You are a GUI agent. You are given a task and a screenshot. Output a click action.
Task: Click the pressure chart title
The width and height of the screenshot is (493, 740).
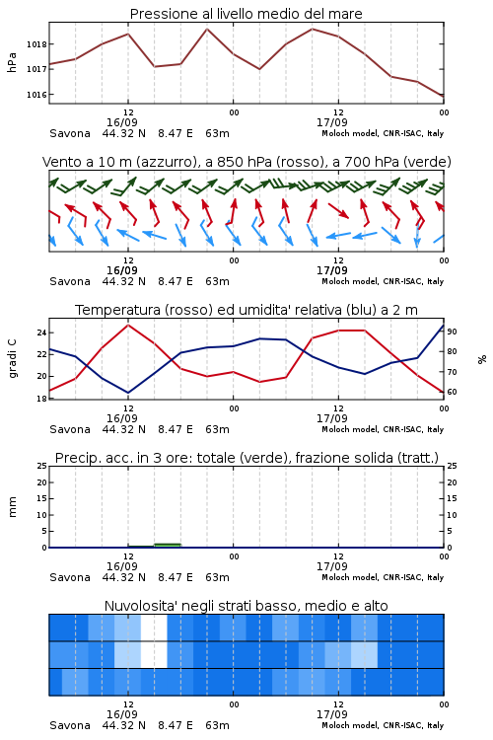(246, 14)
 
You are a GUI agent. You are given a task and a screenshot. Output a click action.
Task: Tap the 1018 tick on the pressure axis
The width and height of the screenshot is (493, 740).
(36, 44)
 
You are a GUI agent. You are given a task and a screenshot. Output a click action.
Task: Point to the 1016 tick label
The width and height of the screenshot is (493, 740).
(36, 95)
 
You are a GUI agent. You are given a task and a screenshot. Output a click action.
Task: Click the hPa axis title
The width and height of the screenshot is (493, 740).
(12, 62)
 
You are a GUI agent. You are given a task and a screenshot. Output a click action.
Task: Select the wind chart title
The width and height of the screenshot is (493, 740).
(246, 162)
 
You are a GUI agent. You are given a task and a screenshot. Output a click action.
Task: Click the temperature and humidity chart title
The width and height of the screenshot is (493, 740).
(246, 310)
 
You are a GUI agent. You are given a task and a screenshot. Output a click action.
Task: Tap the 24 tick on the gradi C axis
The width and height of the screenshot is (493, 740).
(42, 333)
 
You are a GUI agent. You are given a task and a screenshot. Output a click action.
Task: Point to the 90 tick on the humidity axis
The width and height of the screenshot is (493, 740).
(452, 332)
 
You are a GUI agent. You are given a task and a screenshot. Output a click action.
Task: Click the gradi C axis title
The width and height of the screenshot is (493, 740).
(13, 358)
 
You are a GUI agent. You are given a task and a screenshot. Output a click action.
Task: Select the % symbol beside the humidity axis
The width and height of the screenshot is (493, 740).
(482, 359)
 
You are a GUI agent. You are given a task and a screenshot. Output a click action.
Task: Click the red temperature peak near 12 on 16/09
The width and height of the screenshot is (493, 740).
(128, 325)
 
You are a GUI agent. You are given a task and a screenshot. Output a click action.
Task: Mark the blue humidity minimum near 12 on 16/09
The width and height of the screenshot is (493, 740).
(128, 392)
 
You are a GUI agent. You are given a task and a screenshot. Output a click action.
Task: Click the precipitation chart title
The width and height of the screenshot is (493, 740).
(246, 458)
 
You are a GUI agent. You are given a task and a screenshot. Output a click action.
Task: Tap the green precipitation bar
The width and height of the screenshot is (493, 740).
(168, 545)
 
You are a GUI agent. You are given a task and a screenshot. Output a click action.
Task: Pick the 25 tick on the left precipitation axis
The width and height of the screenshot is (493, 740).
(42, 466)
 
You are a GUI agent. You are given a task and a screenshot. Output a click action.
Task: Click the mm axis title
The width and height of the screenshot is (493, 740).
(13, 506)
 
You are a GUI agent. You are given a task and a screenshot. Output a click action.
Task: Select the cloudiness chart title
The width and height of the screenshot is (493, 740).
(246, 606)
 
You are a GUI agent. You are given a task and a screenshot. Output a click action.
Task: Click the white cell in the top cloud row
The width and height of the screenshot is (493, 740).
(154, 628)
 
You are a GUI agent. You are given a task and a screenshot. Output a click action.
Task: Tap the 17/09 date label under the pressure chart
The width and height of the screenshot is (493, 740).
(331, 122)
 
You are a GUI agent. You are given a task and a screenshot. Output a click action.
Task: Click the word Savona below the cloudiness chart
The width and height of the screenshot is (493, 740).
(70, 725)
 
